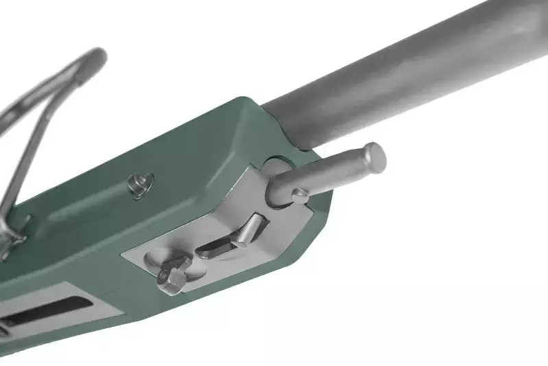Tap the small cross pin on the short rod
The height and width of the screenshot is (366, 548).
click(x=299, y=196)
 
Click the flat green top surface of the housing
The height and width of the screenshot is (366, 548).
click(x=185, y=151)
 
